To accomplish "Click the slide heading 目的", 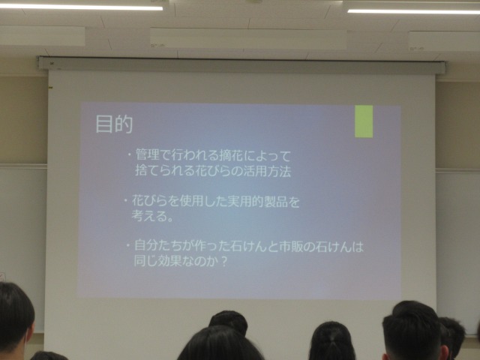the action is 114,124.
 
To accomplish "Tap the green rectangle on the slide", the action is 364,121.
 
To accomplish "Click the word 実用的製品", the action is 258,202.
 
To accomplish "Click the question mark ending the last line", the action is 224,262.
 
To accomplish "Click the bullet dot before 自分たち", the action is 128,245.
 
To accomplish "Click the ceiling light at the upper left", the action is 81,7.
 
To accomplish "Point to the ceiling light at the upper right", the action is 413,11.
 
